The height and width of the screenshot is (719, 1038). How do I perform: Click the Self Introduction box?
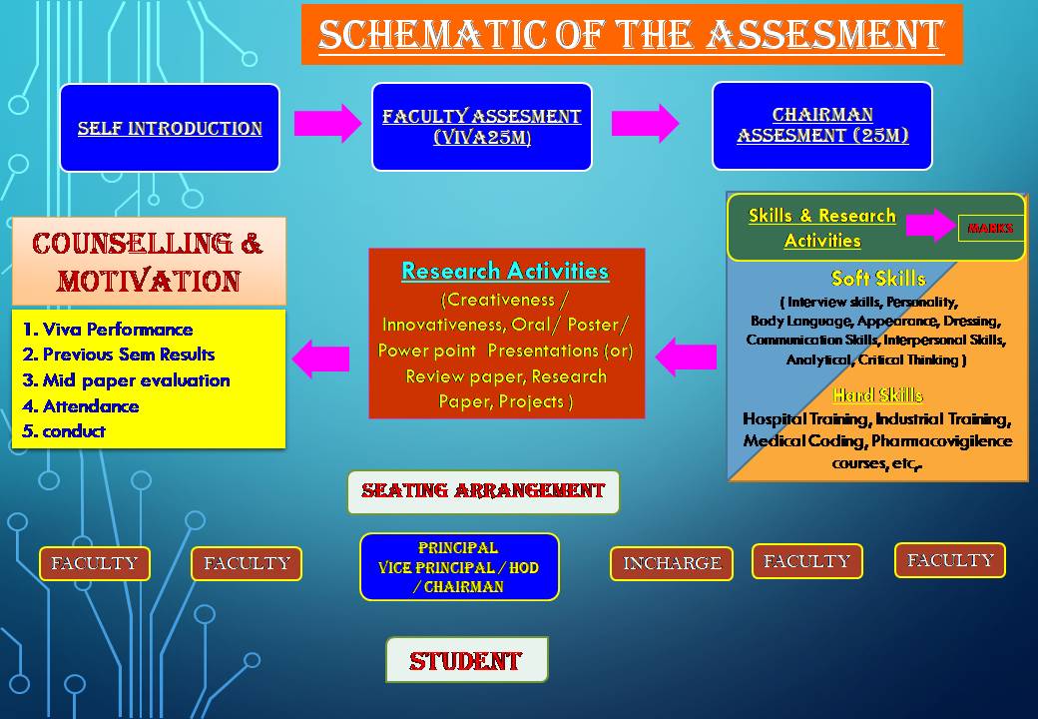(170, 128)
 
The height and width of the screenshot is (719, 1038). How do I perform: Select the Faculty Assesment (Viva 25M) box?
(482, 127)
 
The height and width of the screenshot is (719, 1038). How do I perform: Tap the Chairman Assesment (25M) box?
(822, 126)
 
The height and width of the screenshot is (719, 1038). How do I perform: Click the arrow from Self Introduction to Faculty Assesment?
(327, 123)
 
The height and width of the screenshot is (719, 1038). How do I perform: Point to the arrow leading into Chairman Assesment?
(645, 123)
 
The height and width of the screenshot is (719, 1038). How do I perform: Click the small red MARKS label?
(990, 229)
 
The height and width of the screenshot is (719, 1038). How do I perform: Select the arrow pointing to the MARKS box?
(931, 225)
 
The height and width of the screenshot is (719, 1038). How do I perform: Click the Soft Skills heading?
(877, 278)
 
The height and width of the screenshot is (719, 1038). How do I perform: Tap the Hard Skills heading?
(877, 395)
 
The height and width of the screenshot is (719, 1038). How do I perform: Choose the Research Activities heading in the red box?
(505, 271)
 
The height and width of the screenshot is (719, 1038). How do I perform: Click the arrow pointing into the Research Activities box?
(686, 357)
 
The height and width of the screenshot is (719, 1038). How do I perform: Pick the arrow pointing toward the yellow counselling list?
(320, 359)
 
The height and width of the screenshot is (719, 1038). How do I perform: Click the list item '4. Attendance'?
(80, 405)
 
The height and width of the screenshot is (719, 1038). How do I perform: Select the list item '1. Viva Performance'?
(107, 330)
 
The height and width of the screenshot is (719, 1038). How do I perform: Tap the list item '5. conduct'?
(64, 431)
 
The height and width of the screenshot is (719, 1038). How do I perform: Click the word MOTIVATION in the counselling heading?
(149, 281)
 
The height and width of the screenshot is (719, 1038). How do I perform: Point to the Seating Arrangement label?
(483, 491)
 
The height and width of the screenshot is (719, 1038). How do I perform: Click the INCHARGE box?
(672, 563)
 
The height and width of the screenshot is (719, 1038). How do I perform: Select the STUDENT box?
(467, 660)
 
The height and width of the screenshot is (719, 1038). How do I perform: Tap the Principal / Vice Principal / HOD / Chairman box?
(459, 567)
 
